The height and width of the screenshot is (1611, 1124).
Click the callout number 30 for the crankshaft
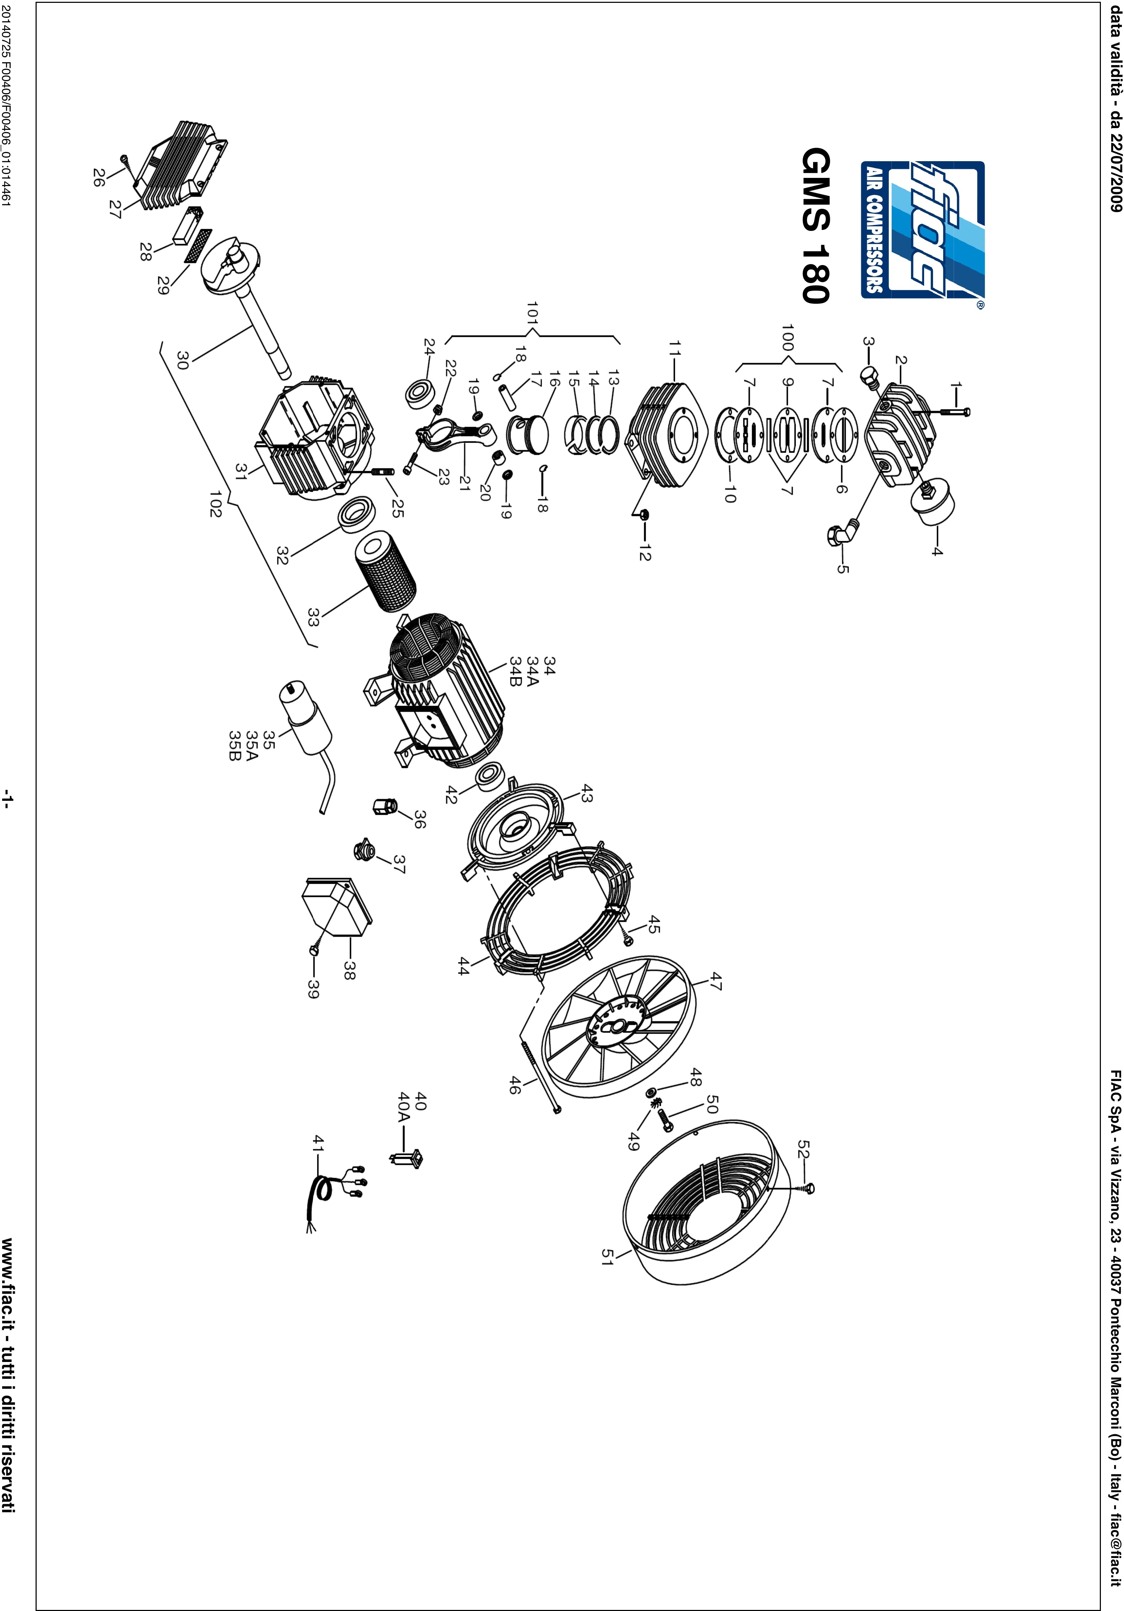pyautogui.click(x=182, y=361)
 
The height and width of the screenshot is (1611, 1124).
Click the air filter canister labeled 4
pyautogui.click(x=930, y=500)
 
